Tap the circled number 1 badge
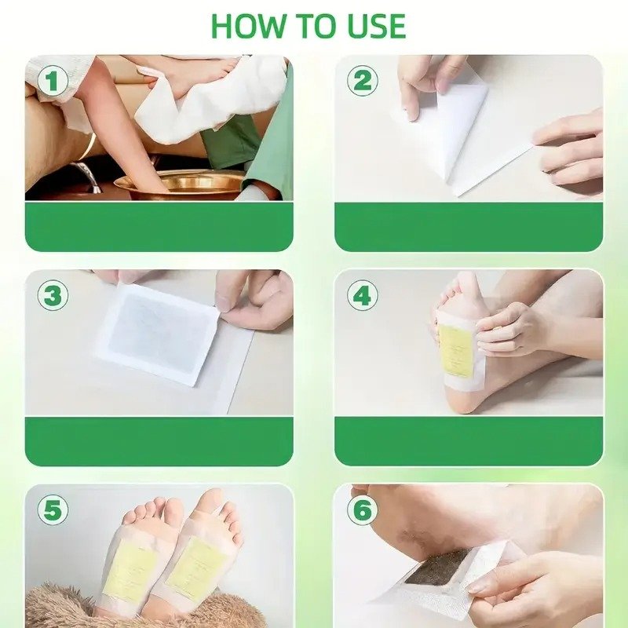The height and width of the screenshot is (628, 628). (x=53, y=81)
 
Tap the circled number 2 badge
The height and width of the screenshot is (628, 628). (x=363, y=81)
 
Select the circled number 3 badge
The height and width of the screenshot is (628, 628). (x=53, y=295)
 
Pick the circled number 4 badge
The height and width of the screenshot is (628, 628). (x=363, y=295)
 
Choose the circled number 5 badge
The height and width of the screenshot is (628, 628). (x=53, y=509)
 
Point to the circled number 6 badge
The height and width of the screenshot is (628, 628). (x=363, y=509)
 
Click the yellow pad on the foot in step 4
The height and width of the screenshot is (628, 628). (x=457, y=351)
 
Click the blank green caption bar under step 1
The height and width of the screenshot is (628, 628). (x=159, y=227)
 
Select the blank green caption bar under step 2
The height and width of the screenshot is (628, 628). (x=469, y=227)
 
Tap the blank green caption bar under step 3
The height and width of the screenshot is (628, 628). (x=159, y=441)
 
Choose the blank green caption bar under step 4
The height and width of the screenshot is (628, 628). (x=469, y=441)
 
